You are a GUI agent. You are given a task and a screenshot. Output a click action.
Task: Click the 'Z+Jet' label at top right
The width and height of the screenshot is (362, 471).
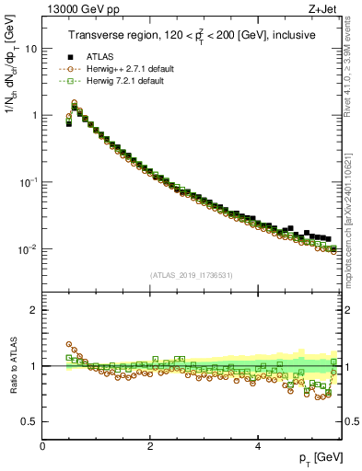point(323,11)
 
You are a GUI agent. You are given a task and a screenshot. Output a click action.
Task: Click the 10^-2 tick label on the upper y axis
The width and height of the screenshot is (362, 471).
point(29,249)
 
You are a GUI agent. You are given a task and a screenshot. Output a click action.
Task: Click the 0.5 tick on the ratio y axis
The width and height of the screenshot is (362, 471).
point(31,421)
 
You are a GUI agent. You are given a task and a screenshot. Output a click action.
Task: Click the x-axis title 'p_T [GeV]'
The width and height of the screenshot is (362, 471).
point(316,457)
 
